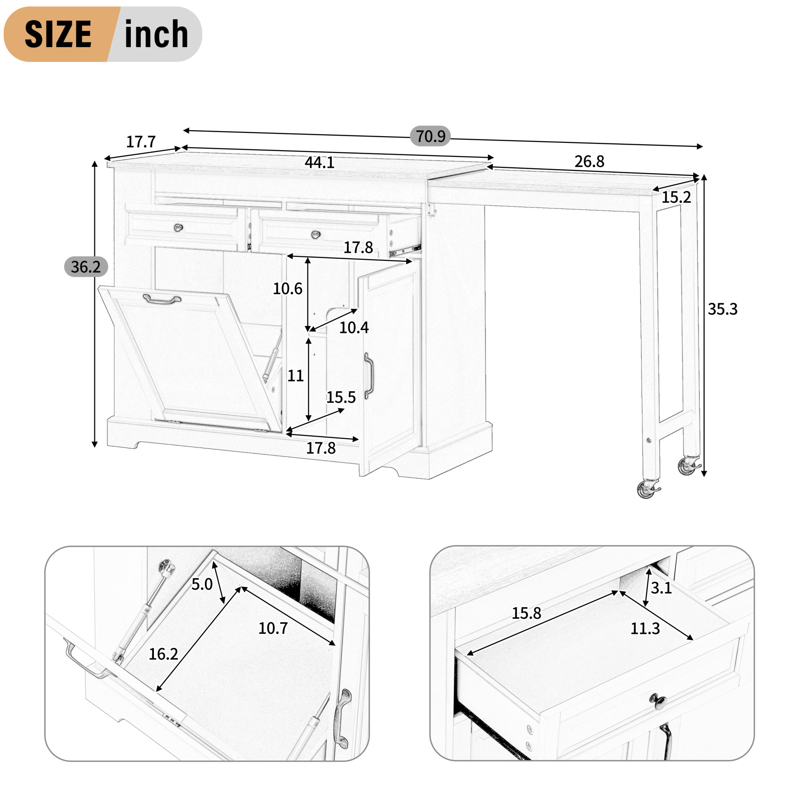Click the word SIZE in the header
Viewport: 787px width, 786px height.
point(58,34)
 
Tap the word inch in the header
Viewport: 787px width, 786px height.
point(156,34)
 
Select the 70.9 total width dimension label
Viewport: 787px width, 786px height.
point(430,136)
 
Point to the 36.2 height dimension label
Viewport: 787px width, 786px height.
point(86,267)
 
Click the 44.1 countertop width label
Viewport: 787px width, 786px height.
point(319,163)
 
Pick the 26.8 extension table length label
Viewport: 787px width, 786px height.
point(589,162)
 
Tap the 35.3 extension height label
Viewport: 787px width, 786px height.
point(723,310)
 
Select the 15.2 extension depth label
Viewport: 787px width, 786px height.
point(676,197)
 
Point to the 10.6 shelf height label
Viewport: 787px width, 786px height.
point(287,289)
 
